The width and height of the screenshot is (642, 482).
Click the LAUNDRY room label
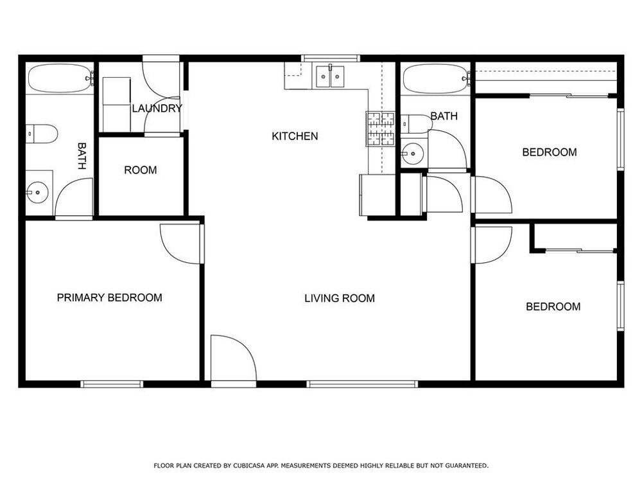tap(157, 108)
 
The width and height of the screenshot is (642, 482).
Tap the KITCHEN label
tap(295, 136)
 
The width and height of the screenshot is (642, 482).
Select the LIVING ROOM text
tap(340, 298)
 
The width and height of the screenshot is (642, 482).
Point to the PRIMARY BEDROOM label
tap(109, 298)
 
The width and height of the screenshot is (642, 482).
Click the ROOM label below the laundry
tap(141, 170)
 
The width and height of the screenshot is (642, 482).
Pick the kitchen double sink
tap(330, 76)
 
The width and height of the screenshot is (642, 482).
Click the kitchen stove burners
tap(380, 129)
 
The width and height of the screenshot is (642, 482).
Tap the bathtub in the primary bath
tap(60, 78)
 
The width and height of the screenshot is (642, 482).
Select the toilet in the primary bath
tap(42, 134)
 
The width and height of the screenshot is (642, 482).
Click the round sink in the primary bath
tap(38, 192)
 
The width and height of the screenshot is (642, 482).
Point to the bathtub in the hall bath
tap(436, 78)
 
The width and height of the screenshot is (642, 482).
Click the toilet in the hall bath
tap(417, 123)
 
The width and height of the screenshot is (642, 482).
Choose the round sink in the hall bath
tap(413, 154)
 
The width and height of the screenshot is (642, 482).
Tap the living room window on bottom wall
tap(362, 384)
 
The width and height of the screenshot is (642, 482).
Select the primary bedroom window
tap(112, 384)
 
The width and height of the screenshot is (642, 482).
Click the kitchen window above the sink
tap(331, 58)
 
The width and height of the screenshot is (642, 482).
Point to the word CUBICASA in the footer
tap(250, 465)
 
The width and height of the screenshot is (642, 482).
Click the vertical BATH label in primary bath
tap(82, 156)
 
